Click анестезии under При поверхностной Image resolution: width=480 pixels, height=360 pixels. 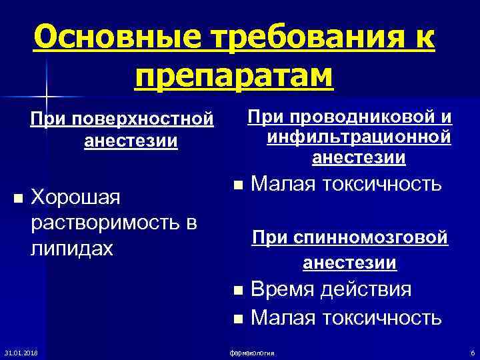click(x=131, y=142)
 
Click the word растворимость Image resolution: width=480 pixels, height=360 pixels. click(x=105, y=223)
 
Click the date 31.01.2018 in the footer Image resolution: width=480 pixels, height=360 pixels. click(x=21, y=351)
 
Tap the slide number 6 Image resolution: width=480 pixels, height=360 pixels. click(x=472, y=351)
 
